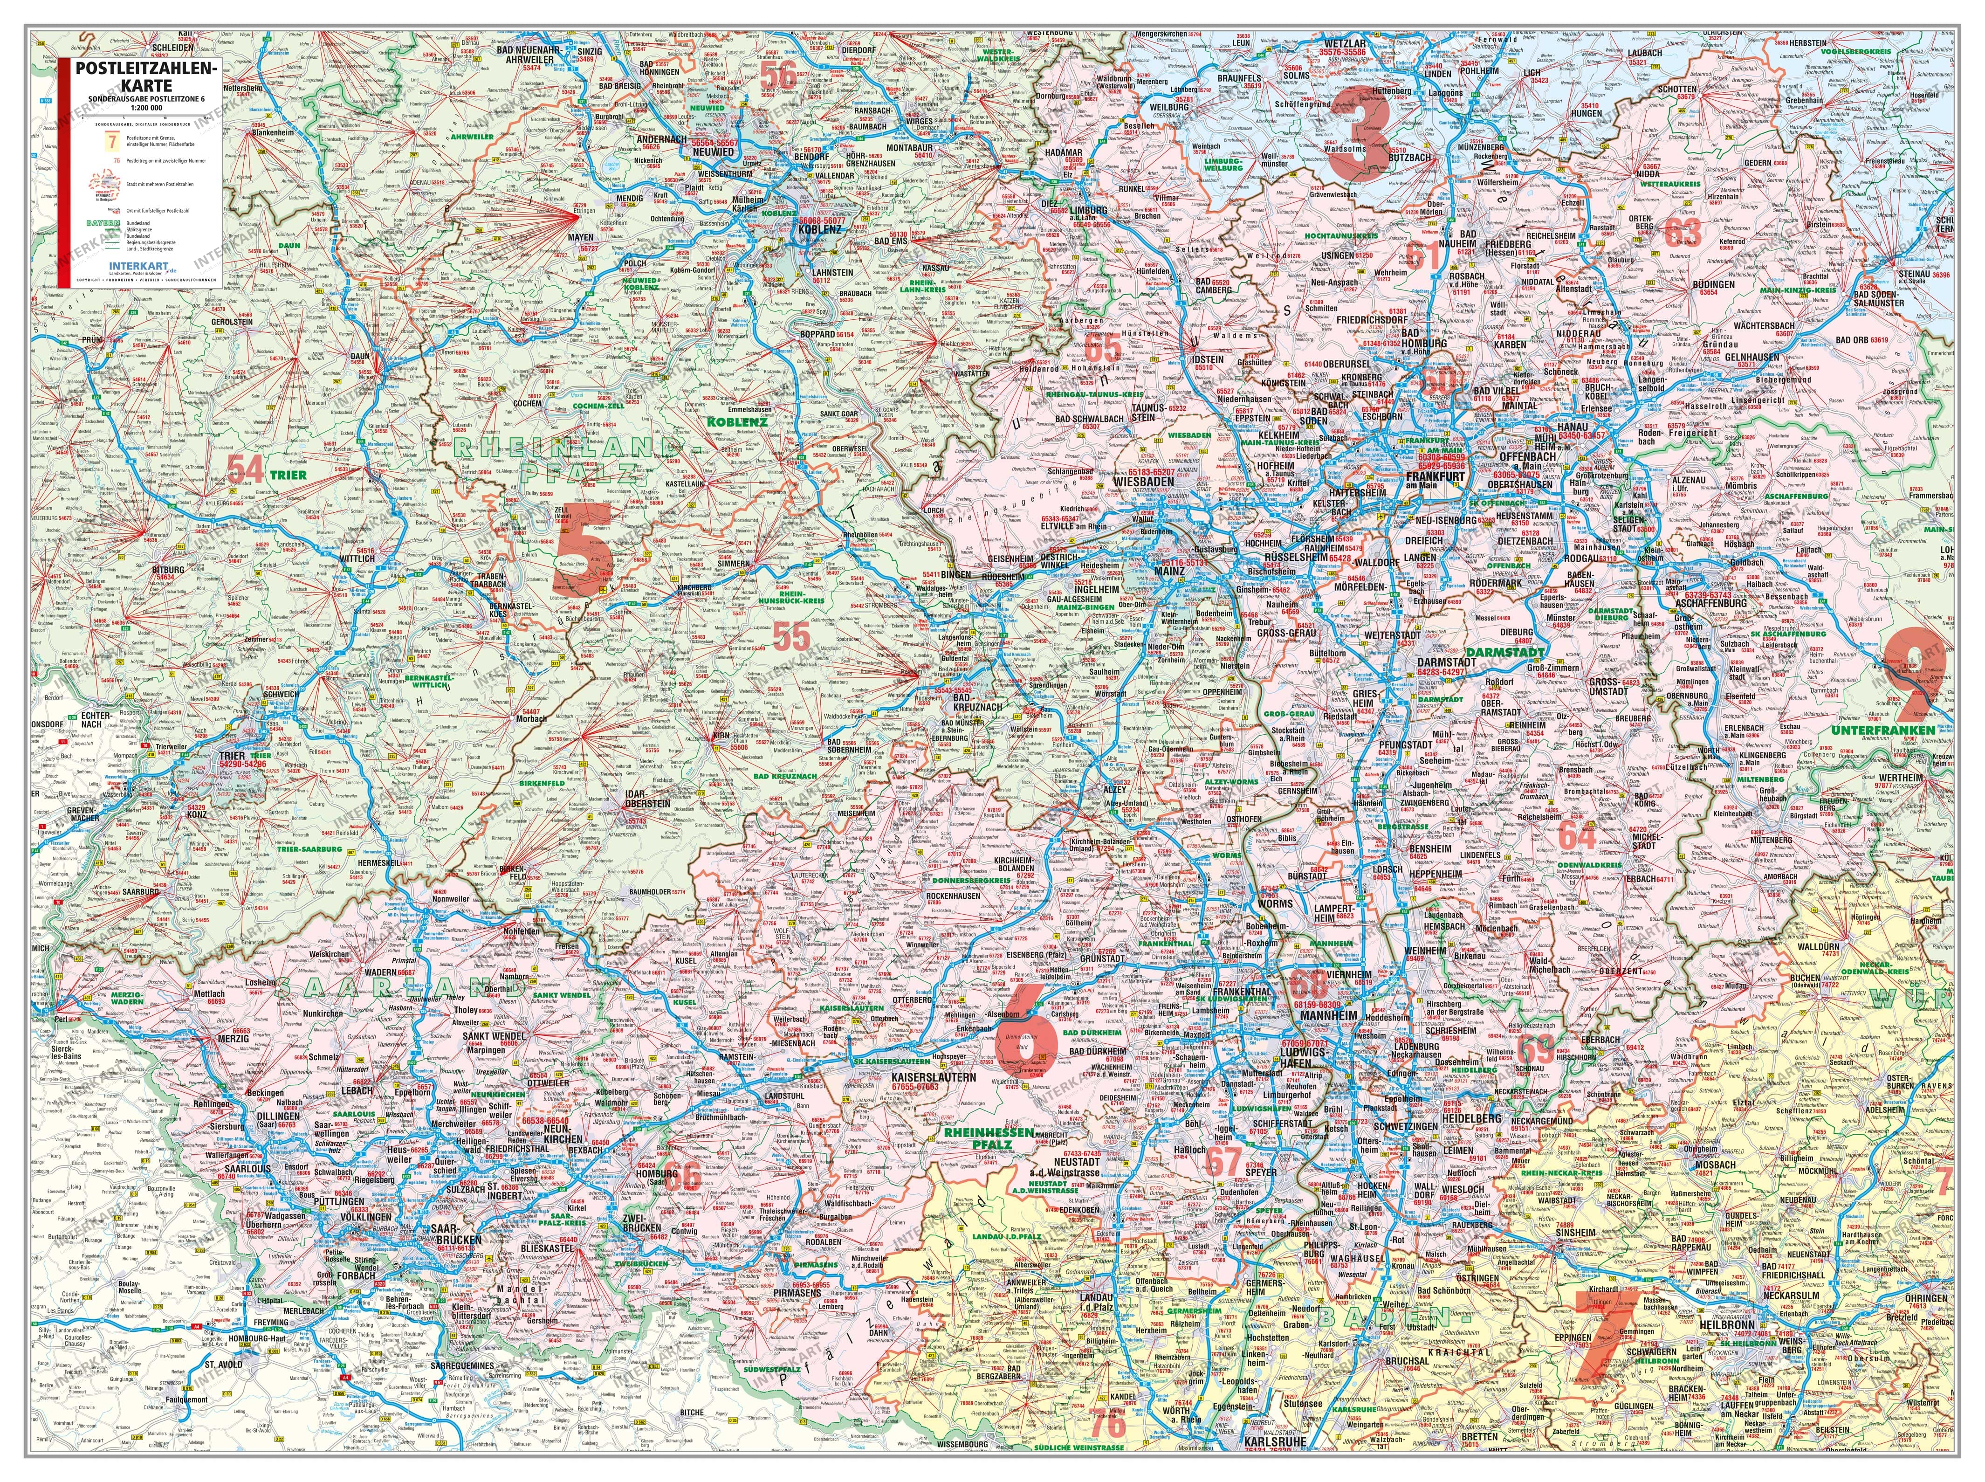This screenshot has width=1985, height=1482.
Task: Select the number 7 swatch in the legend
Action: tap(113, 141)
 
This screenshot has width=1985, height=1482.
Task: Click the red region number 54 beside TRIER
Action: tap(245, 469)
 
